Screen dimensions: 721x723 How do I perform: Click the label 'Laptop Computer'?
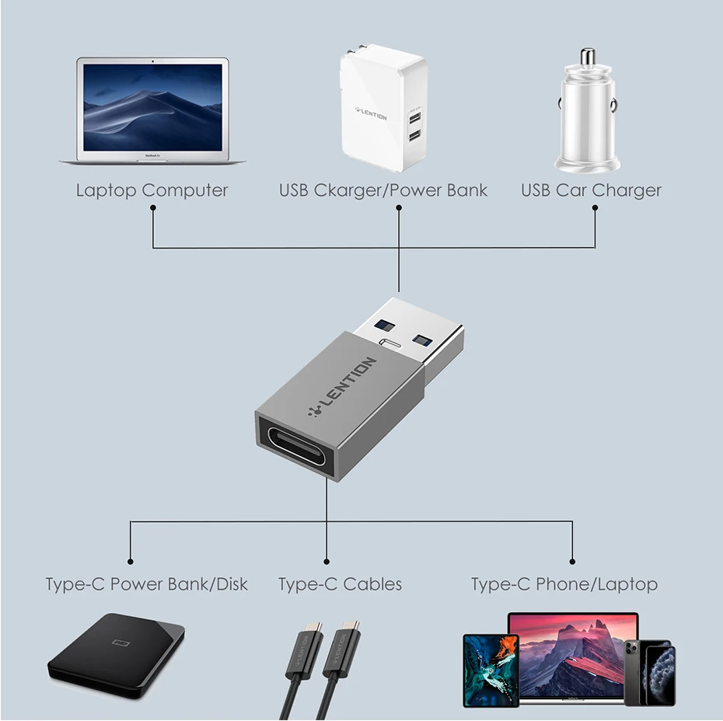(x=152, y=190)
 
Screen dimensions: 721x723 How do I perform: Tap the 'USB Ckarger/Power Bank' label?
(x=383, y=190)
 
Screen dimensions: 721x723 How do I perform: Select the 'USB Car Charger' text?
(x=591, y=190)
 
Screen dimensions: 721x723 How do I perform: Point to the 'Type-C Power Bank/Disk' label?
(x=146, y=584)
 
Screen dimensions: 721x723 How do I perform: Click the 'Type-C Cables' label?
(x=340, y=584)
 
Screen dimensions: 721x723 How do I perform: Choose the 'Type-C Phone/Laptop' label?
(x=564, y=584)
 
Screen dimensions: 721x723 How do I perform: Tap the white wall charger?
(x=383, y=109)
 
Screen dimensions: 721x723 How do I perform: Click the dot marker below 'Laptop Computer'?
(x=153, y=210)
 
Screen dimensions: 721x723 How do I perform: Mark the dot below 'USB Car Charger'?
(x=595, y=210)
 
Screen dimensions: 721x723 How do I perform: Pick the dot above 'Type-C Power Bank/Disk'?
(x=130, y=560)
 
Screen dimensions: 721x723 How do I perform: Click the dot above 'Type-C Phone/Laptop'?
(x=572, y=560)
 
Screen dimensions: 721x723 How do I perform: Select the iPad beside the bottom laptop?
(x=491, y=670)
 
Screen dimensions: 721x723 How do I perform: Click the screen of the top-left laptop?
(x=153, y=106)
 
